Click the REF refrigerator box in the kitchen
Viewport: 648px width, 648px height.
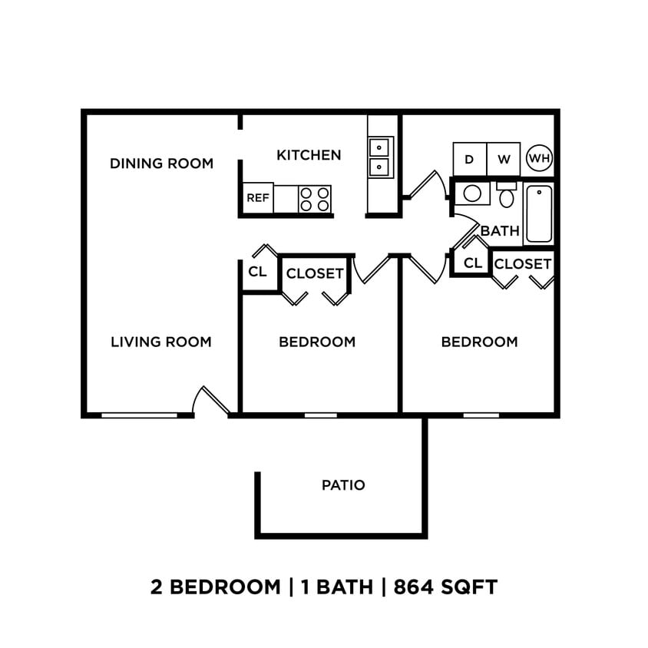click(x=258, y=198)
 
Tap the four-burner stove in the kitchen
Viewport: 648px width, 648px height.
click(x=314, y=199)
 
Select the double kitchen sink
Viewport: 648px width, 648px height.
click(x=379, y=157)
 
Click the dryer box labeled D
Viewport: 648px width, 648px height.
click(x=469, y=159)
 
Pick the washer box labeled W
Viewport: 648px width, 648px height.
click(x=504, y=159)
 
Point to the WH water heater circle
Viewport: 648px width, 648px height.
click(x=540, y=159)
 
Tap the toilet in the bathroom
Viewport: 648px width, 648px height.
click(x=507, y=196)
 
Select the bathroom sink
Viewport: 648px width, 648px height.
click(x=473, y=193)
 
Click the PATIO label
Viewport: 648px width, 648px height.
click(x=343, y=485)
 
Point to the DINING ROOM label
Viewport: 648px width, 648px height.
click(x=161, y=164)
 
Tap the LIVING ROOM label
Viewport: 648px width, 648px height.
click(x=161, y=342)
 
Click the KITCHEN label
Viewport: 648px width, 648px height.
click(x=309, y=155)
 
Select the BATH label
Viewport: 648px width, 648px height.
click(x=500, y=230)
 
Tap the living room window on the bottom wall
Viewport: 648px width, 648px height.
click(x=139, y=415)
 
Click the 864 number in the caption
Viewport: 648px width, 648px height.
click(x=418, y=587)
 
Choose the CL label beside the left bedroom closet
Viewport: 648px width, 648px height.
click(x=257, y=272)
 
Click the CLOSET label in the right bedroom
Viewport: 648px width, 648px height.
click(x=523, y=264)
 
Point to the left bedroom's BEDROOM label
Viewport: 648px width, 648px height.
click(x=317, y=342)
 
